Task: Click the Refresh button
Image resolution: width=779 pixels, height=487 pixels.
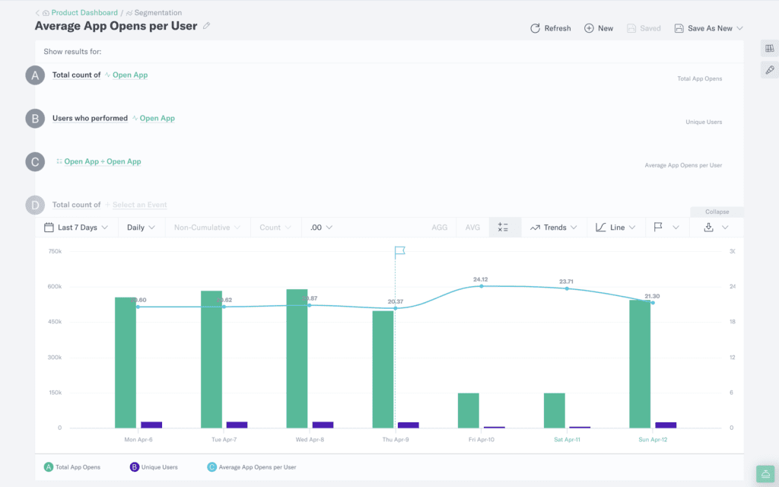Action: (x=550, y=28)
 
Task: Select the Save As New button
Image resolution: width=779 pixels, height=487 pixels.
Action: (x=708, y=28)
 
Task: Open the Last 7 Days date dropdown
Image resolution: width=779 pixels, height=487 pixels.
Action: (x=76, y=228)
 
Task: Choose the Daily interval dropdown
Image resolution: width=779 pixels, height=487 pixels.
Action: (x=141, y=228)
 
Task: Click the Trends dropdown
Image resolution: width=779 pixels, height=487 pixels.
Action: (x=554, y=228)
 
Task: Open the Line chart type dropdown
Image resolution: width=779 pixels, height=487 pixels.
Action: (x=615, y=228)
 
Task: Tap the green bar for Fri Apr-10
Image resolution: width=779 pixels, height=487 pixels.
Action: (x=469, y=411)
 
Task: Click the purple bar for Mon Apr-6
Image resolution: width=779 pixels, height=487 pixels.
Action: (x=151, y=425)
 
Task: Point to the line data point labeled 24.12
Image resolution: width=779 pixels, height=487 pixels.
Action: (x=481, y=286)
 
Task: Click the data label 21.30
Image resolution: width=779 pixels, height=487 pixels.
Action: (x=651, y=296)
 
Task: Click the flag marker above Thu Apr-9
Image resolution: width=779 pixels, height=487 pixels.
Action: (x=400, y=251)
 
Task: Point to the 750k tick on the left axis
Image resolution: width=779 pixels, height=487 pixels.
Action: (x=55, y=251)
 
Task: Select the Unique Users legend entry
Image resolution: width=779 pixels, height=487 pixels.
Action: (x=154, y=466)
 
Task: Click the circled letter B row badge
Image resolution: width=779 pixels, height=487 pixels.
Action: (x=35, y=119)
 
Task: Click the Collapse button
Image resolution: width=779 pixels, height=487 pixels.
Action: (x=717, y=212)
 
